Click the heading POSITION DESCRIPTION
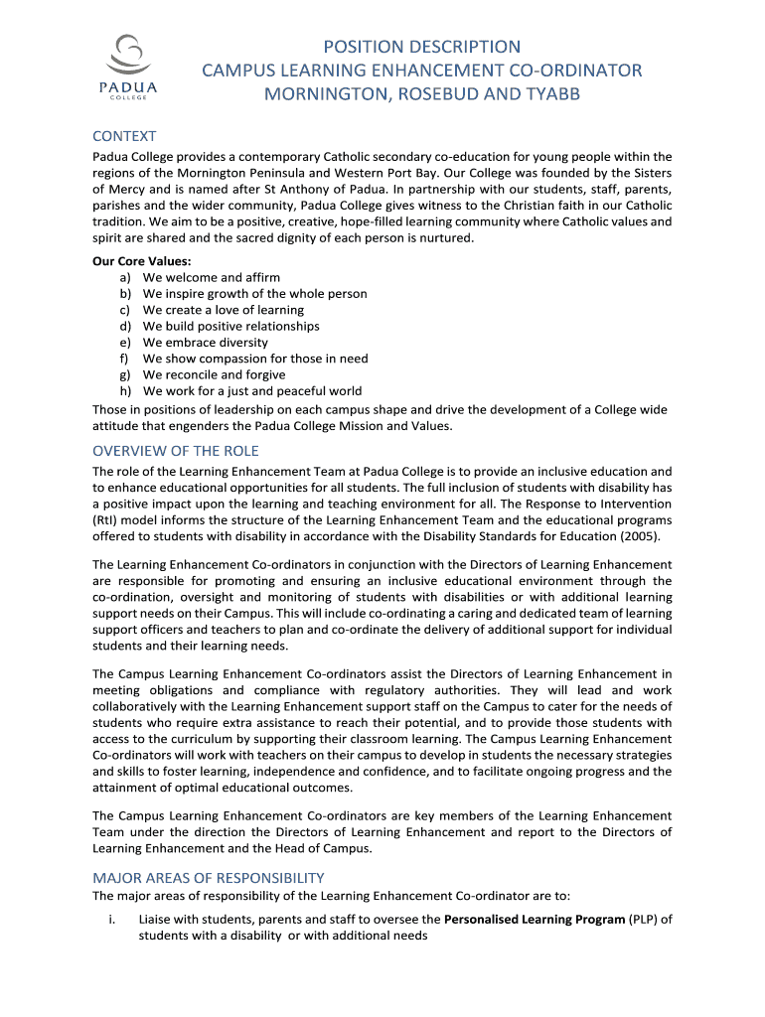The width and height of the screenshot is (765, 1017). (422, 47)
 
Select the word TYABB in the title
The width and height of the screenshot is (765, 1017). (545, 94)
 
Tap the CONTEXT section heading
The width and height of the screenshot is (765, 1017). (124, 136)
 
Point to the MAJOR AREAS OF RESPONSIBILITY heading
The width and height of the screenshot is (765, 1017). (209, 877)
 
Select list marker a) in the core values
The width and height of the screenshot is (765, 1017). (126, 278)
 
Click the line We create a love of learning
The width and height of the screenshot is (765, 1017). (224, 310)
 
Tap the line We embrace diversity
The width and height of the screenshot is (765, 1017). (206, 343)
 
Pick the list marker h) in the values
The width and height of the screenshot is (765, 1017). (126, 391)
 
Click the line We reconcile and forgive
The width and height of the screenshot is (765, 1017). (214, 374)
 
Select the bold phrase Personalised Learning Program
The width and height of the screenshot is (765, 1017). (534, 920)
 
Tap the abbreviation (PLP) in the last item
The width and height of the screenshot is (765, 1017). (645, 920)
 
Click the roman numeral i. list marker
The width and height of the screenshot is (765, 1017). (110, 920)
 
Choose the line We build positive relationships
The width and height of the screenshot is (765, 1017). (231, 326)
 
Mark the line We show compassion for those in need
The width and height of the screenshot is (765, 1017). (255, 359)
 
